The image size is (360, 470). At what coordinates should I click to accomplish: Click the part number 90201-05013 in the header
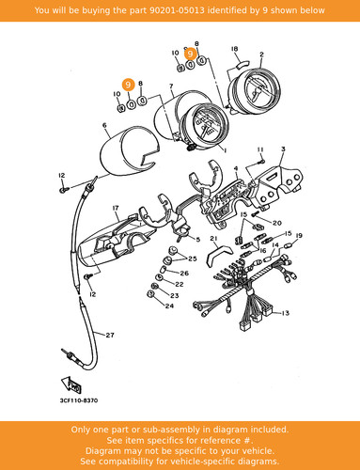coord(177,10)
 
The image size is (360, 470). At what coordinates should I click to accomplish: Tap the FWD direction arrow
coord(71,384)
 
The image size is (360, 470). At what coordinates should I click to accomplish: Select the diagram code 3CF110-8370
coord(79,400)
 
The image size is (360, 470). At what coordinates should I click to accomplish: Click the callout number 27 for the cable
coord(110,335)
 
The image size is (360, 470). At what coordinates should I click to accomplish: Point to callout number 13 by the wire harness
coord(285,313)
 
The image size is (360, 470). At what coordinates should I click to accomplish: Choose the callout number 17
coord(116,208)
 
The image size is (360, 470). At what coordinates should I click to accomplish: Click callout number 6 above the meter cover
coord(104,125)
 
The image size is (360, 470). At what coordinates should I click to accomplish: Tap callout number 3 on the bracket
coord(283,149)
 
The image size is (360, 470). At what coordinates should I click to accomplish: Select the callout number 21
coord(213,239)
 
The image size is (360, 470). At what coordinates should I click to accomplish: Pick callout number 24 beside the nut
coord(169,305)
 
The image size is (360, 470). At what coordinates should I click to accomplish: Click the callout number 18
coord(234,49)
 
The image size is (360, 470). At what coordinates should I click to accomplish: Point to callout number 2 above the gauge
coord(261,55)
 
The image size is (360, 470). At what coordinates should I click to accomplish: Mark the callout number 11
coord(260,149)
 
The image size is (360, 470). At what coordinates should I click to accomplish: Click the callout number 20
coord(277,223)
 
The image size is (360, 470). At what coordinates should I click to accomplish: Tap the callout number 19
coord(299,235)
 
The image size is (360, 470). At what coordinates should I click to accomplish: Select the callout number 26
coord(184,273)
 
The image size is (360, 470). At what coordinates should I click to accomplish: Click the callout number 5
coord(198,240)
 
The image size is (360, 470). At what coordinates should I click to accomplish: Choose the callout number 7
coord(171,86)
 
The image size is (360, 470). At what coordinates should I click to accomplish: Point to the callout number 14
coord(275,245)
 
